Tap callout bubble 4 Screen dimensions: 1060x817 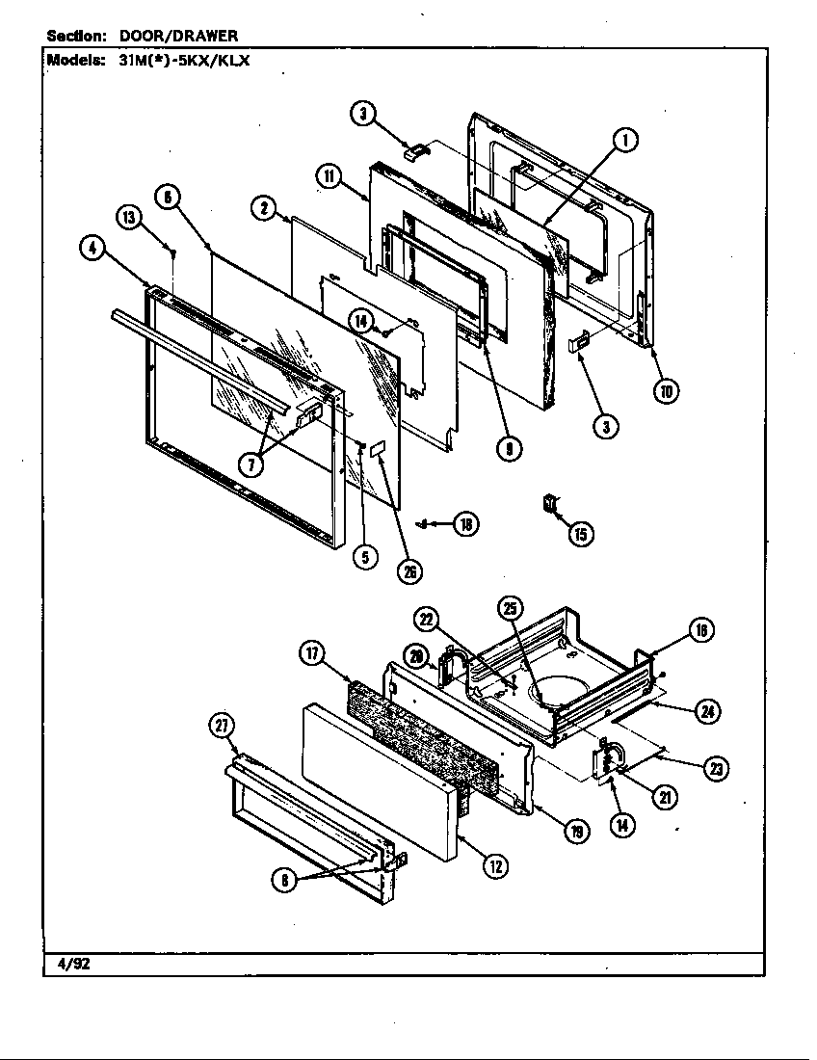pos(92,249)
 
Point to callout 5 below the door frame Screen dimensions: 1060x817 pos(364,557)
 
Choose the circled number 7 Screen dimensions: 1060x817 pos(250,464)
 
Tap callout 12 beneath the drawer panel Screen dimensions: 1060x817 pos(494,866)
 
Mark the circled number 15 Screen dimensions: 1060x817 pos(580,533)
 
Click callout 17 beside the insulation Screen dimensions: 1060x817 pos(312,653)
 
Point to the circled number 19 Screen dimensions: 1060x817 pos(576,833)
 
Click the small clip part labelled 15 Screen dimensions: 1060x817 pos(550,504)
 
